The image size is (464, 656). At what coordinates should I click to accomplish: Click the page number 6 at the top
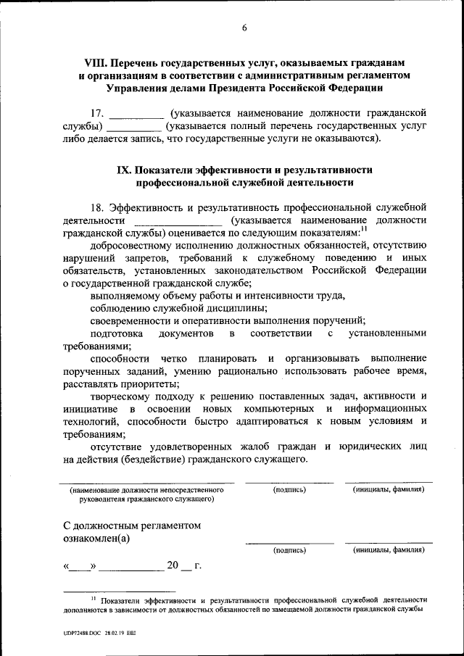pos(244,28)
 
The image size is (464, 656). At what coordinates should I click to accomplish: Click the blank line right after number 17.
pos(136,115)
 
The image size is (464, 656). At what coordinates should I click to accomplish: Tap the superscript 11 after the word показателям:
pos(364,228)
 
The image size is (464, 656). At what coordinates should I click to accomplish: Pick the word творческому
pos(120,396)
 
